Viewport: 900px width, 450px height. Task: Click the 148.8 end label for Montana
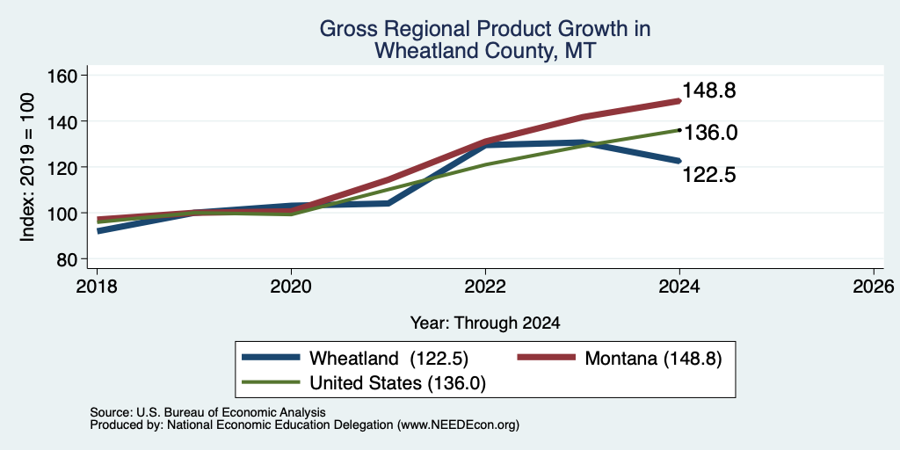709,91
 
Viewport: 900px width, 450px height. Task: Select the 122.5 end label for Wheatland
709,175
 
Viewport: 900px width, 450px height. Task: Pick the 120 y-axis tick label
62,168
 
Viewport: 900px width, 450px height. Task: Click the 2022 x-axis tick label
485,287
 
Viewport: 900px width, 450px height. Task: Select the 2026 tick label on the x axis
874,287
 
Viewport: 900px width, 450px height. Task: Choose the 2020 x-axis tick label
291,287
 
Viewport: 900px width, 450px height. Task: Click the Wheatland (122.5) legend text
389,359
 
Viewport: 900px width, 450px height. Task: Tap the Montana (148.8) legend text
653,359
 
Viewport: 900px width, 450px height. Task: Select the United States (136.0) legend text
398,383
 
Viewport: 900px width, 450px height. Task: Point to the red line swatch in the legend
546,358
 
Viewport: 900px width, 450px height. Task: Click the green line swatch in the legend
271,382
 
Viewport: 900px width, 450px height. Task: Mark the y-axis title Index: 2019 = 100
27,168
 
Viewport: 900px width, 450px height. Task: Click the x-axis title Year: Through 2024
485,323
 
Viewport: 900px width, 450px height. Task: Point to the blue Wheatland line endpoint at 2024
679,161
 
